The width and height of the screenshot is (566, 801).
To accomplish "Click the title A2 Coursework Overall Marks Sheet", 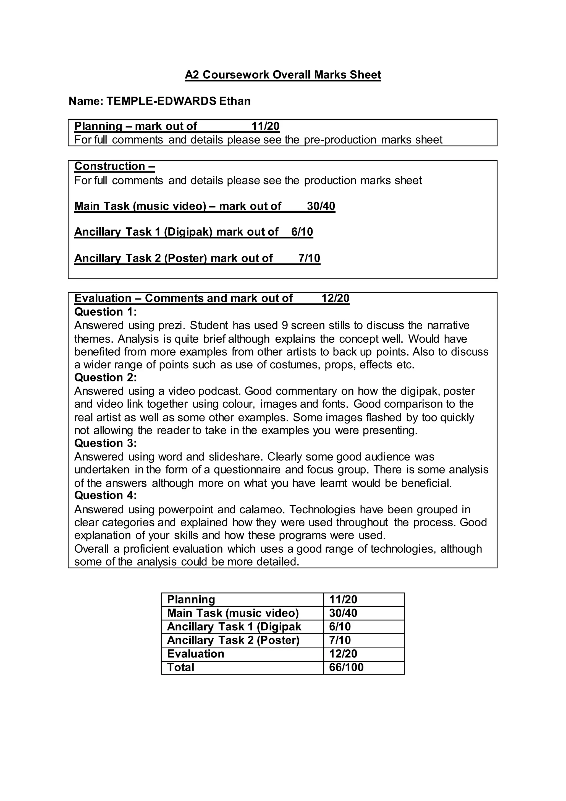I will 283,75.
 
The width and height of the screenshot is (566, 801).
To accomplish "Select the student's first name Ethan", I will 235,101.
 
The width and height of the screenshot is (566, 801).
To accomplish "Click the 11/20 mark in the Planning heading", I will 265,126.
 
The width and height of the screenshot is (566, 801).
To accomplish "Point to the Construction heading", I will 114,166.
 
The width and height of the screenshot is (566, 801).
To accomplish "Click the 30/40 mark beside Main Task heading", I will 321,206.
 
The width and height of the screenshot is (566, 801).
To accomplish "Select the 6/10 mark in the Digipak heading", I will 302,232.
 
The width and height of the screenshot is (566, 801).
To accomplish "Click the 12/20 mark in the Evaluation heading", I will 335,298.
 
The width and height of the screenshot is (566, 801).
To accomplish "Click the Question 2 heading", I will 106,378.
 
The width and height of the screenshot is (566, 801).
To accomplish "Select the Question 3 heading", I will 106,443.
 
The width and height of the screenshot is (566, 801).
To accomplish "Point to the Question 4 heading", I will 106,495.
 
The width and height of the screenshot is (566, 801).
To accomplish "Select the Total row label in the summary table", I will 180,667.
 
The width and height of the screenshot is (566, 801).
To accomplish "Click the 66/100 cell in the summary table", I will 346,667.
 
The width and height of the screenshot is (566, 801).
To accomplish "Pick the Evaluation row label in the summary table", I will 195,654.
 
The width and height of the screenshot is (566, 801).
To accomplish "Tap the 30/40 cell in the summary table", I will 343,613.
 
